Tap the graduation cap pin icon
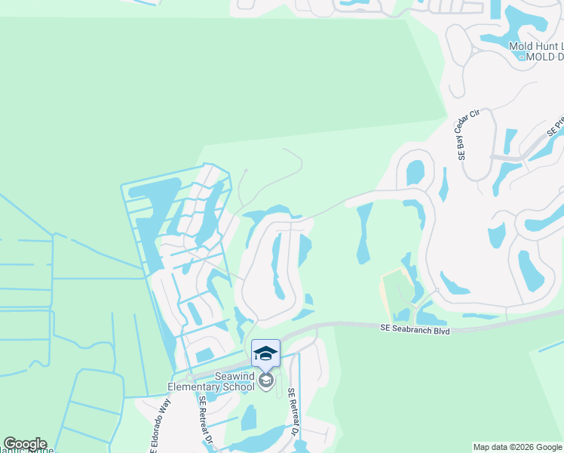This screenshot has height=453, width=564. (265, 353)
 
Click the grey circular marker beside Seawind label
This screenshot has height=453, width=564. (265, 380)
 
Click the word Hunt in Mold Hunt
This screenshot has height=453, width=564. (541, 46)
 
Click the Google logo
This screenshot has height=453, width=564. (25, 444)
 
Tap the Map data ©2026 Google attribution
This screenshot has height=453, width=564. (517, 447)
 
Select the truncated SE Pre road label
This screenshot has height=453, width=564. (556, 125)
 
